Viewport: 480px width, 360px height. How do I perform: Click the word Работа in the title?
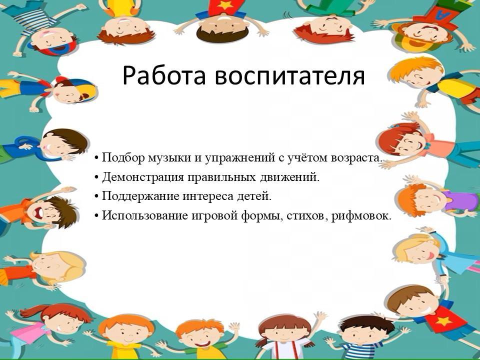(x=164, y=75)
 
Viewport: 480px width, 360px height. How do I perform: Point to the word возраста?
(x=357, y=158)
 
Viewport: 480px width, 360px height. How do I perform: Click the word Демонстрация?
(x=142, y=177)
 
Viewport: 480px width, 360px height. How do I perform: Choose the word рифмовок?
(x=361, y=216)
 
